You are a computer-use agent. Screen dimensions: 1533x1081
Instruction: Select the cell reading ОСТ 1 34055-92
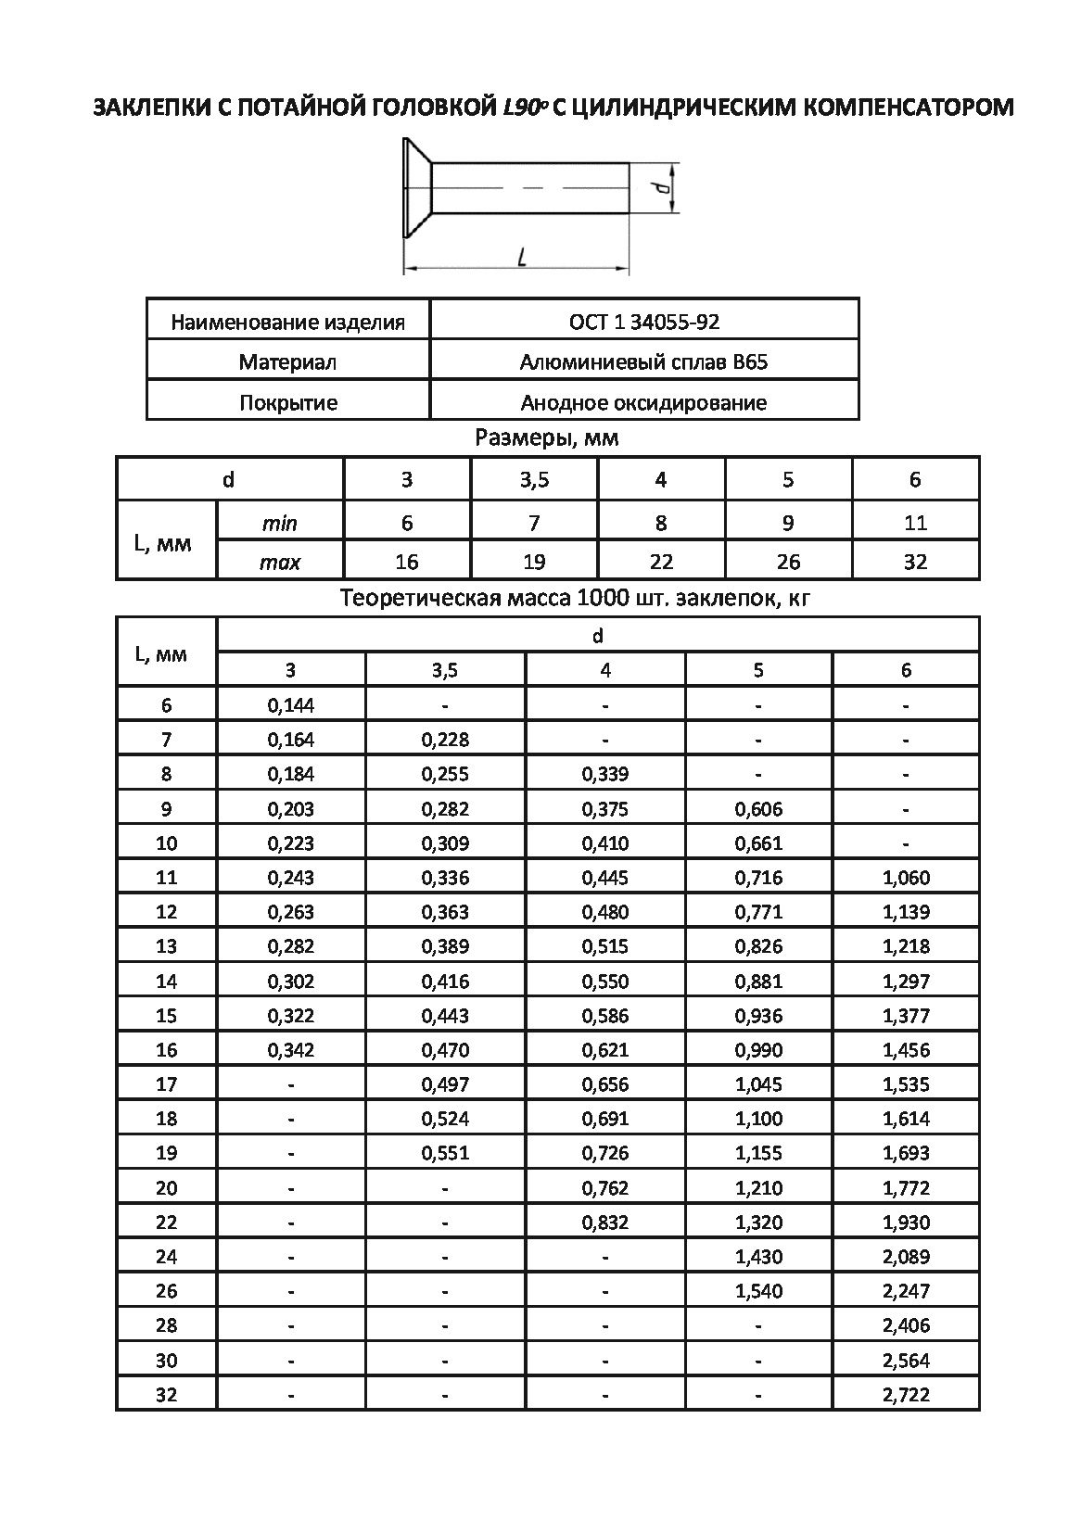(x=644, y=322)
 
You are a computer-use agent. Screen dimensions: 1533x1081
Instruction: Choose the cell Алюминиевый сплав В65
(x=644, y=361)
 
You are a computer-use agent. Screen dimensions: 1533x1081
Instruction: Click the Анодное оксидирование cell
(x=644, y=402)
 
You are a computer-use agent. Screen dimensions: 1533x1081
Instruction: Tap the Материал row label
(x=287, y=361)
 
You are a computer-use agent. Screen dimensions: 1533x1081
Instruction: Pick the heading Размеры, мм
(x=546, y=437)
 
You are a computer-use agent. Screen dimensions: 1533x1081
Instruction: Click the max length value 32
(x=915, y=562)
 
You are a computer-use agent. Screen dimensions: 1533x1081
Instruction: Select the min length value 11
(x=915, y=523)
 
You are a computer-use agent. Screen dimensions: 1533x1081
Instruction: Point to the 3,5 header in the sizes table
(x=534, y=479)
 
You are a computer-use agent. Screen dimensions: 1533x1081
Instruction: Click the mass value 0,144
(x=291, y=705)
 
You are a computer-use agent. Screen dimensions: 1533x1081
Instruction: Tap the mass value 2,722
(x=906, y=1394)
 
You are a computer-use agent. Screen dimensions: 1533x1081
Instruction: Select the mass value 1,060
(x=906, y=877)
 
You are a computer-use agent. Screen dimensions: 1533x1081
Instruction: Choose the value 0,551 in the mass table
(x=445, y=1153)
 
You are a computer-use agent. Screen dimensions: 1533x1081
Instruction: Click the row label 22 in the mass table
(x=166, y=1223)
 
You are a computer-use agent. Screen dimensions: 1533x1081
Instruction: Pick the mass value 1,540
(x=758, y=1290)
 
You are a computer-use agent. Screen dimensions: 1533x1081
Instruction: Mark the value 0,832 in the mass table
(x=605, y=1223)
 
